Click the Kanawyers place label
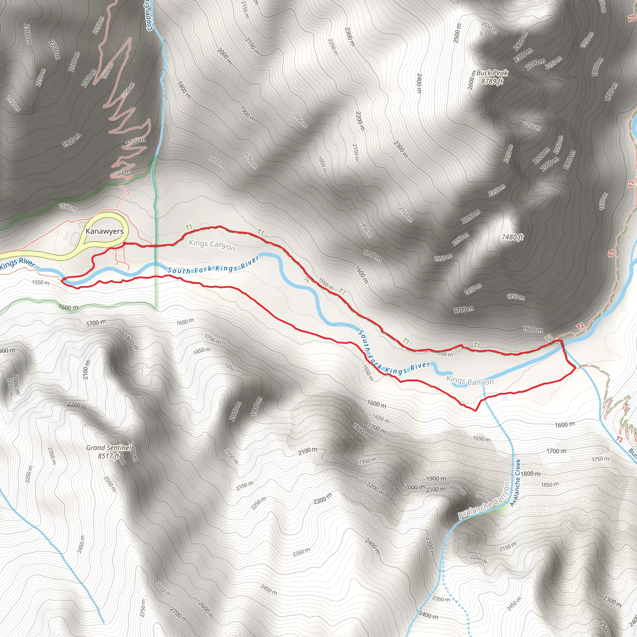tap(105, 231)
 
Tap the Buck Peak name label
tap(492, 73)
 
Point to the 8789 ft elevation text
tap(492, 81)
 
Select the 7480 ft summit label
tap(512, 237)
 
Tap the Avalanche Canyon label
tap(484, 501)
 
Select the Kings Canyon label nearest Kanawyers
tap(212, 245)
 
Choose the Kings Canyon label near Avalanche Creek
tap(470, 381)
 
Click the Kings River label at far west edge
tap(17, 263)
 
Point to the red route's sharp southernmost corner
tap(475, 411)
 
